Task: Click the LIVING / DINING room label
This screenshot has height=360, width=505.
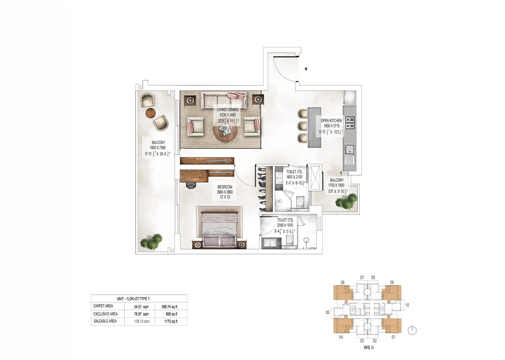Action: [x=228, y=109]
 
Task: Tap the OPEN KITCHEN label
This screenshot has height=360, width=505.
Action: [x=331, y=121]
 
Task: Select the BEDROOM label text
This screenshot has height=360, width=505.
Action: [x=225, y=187]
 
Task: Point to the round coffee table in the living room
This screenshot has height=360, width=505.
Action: [x=225, y=132]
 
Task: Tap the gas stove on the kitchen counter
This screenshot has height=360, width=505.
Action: [x=350, y=123]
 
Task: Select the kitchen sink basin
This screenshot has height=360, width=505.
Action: [x=349, y=150]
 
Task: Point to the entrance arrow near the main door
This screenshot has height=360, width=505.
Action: [x=305, y=69]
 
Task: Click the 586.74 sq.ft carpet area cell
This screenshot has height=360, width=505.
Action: [x=169, y=307]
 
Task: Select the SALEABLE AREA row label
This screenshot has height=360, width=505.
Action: [x=105, y=321]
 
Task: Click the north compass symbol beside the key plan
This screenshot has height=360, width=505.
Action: [x=412, y=330]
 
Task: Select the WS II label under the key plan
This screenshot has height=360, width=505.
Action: [x=368, y=348]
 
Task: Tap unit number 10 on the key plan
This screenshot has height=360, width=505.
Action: [x=407, y=305]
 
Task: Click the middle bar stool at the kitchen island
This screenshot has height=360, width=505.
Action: [x=303, y=126]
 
